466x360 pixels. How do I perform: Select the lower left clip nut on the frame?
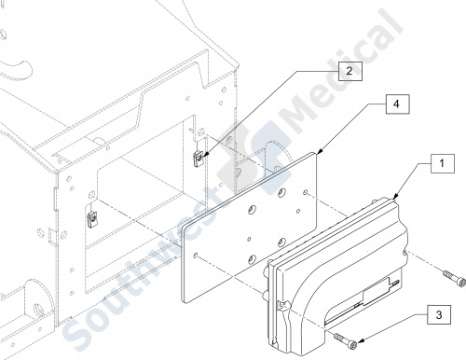pos(91,219)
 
